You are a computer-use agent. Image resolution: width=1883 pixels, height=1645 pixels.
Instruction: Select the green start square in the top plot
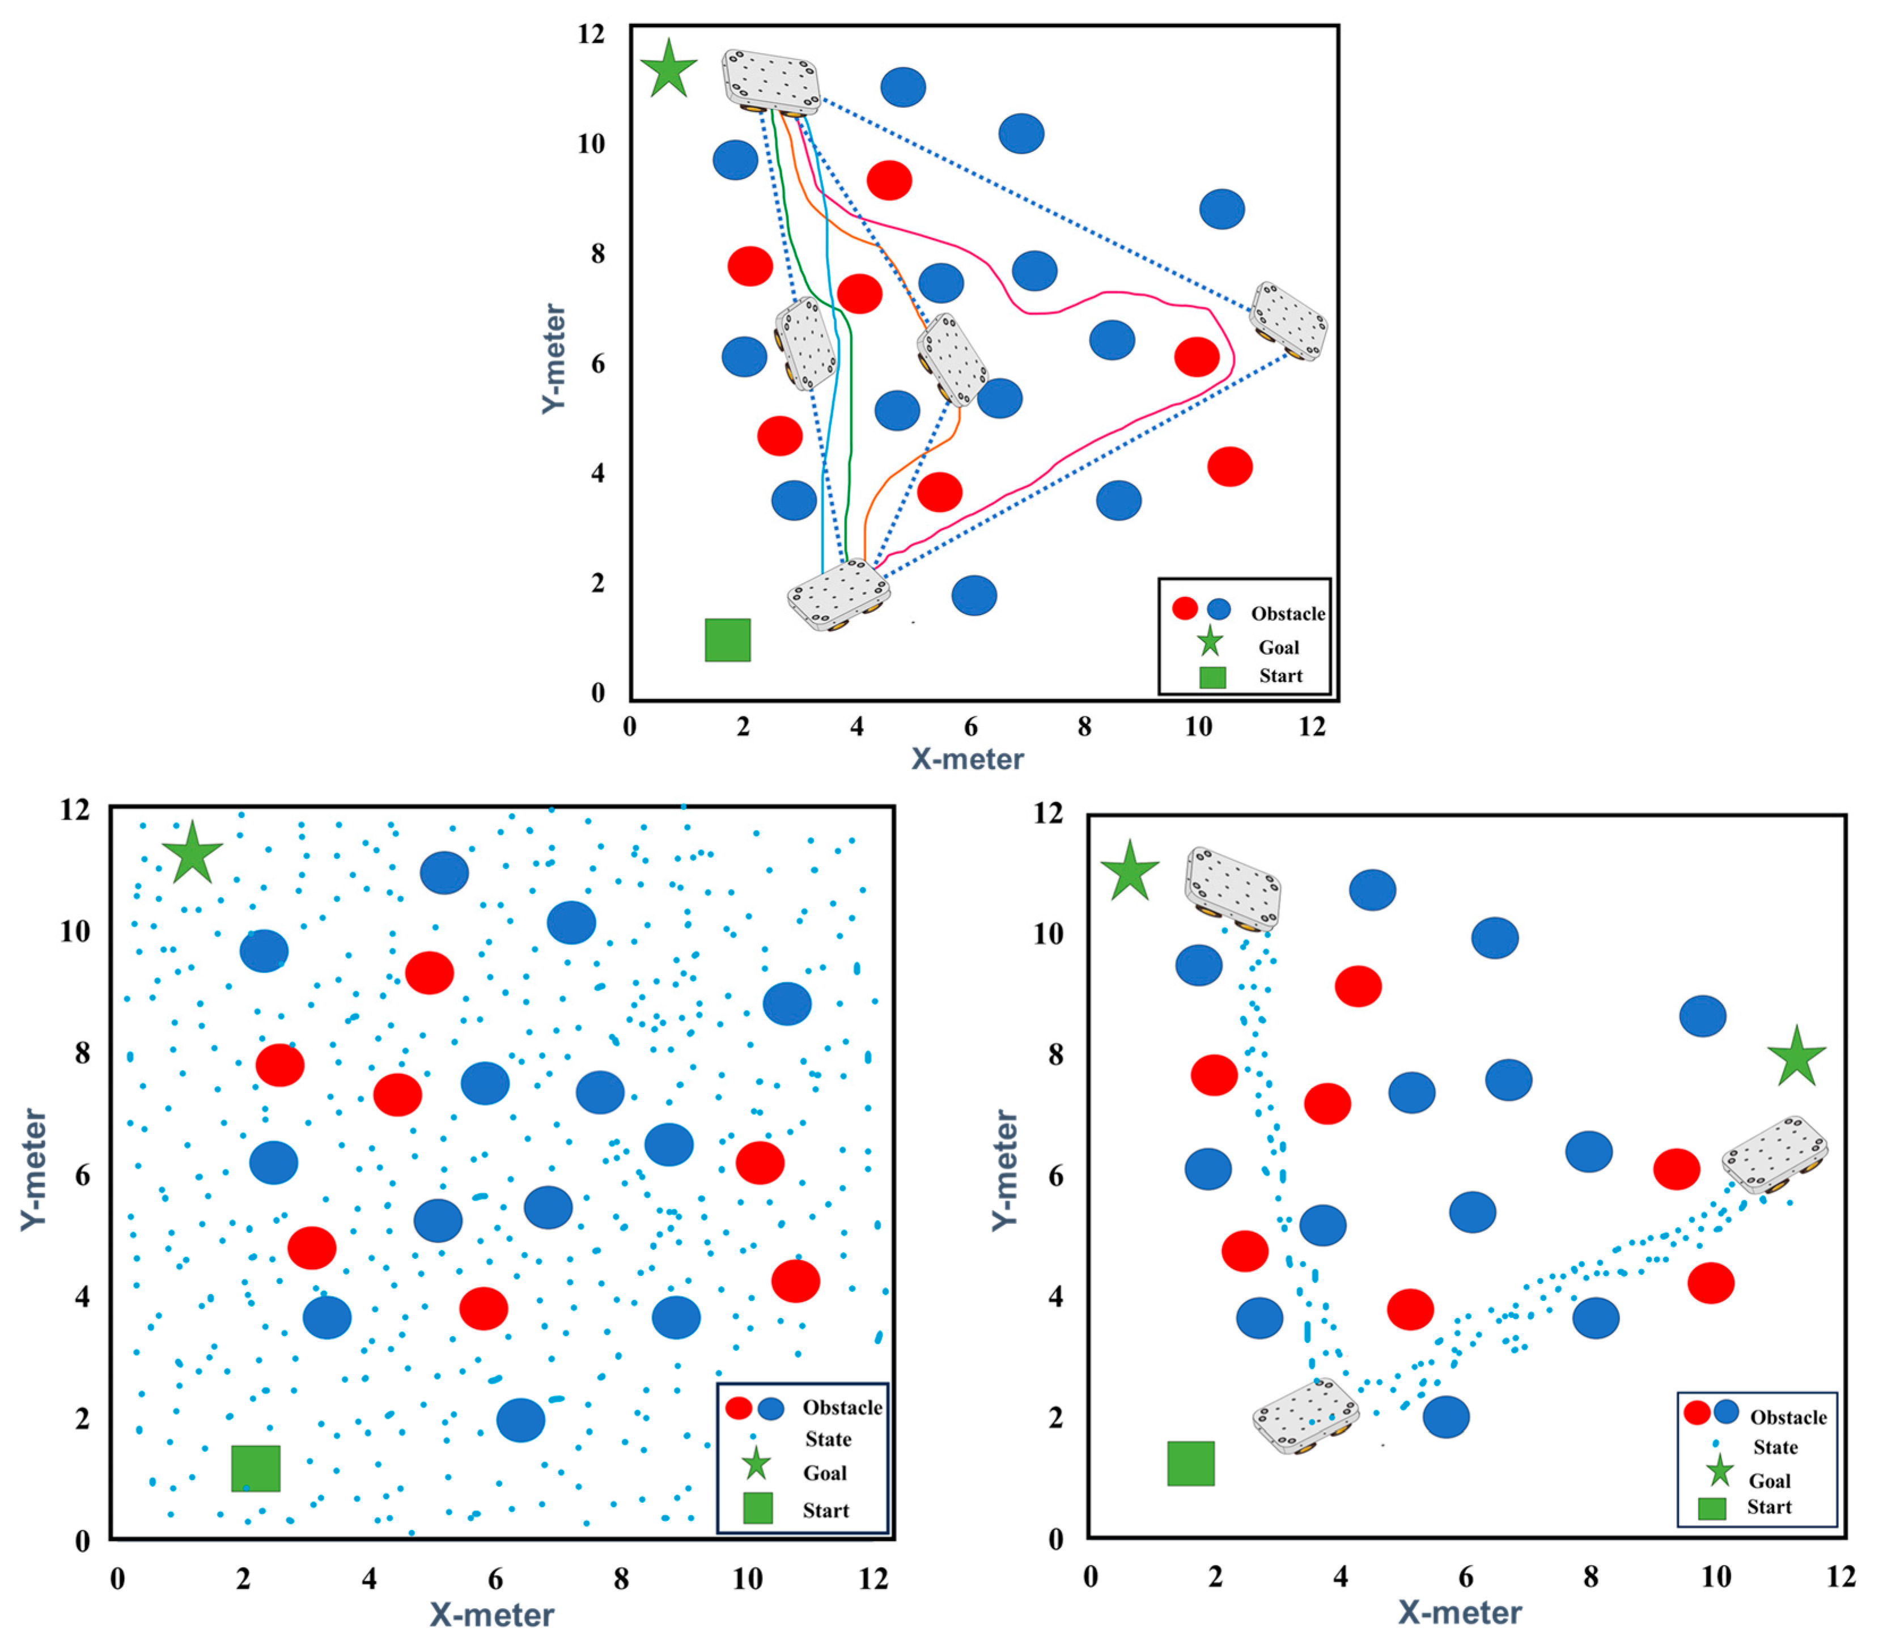tap(727, 640)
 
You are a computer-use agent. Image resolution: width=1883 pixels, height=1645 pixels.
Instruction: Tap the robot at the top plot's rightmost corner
tap(1288, 321)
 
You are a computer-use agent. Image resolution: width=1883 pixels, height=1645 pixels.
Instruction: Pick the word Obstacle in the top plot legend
tap(1287, 613)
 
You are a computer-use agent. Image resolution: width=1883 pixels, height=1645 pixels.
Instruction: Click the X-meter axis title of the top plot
tap(967, 759)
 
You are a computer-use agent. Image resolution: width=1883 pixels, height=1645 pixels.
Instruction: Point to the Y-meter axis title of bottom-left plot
tap(33, 1169)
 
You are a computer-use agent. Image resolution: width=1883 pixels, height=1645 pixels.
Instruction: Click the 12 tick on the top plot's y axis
tap(591, 34)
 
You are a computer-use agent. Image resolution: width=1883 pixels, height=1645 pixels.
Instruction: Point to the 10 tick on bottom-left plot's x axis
tap(747, 1579)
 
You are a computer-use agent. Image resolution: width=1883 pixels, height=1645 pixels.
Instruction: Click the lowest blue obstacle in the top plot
tap(973, 595)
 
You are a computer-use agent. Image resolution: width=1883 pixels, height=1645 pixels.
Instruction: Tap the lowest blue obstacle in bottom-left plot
tap(520, 1420)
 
